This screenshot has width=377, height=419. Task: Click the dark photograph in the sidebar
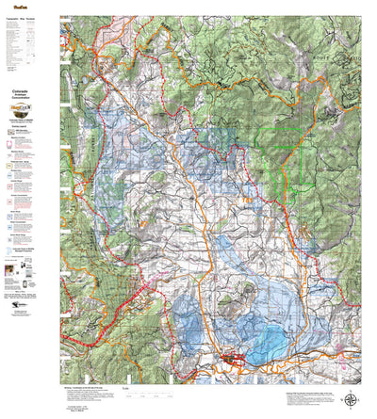point(10,270)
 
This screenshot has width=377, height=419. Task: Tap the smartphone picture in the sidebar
point(27,272)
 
